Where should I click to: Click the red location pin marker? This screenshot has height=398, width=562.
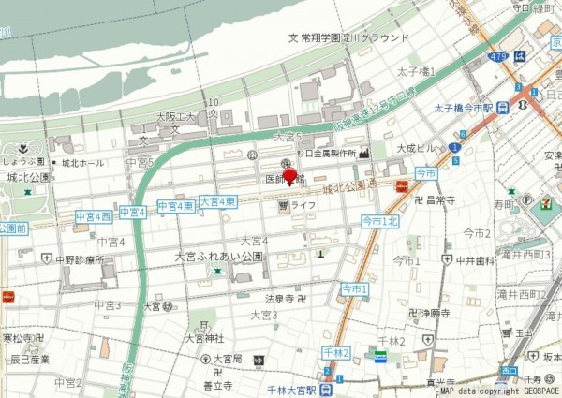289,176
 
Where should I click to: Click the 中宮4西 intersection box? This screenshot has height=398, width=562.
94,216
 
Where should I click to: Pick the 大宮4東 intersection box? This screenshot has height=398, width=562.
216,201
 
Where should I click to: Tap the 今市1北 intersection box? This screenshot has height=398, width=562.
380,221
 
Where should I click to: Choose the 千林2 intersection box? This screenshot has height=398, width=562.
334,352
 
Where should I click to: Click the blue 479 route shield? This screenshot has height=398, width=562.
497,57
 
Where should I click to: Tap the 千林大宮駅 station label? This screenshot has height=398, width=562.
288,389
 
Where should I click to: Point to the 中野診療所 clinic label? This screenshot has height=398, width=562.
79,259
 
